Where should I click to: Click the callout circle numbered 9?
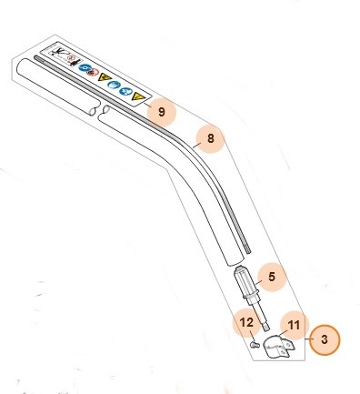[x=162, y=112]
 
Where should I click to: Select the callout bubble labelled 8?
[x=210, y=138]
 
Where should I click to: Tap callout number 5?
[x=272, y=277]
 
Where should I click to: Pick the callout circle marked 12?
[x=246, y=323]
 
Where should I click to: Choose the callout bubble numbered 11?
[x=294, y=326]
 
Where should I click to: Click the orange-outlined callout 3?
[x=325, y=339]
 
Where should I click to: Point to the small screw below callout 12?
[x=255, y=345]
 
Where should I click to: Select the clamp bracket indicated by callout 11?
[x=279, y=347]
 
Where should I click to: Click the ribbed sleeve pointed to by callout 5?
[x=245, y=284]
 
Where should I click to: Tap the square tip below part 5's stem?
[x=265, y=328]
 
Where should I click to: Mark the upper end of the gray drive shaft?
[x=36, y=57]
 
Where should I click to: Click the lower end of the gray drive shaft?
[x=248, y=250]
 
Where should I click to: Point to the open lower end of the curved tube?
[x=235, y=261]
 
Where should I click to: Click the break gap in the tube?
[x=99, y=112]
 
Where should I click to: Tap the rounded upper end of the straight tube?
[x=21, y=68]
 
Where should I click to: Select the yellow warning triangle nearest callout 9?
[x=137, y=97]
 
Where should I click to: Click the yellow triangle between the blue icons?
[x=105, y=77]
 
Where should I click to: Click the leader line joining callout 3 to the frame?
[x=307, y=339]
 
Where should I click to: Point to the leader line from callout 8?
[x=195, y=145]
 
